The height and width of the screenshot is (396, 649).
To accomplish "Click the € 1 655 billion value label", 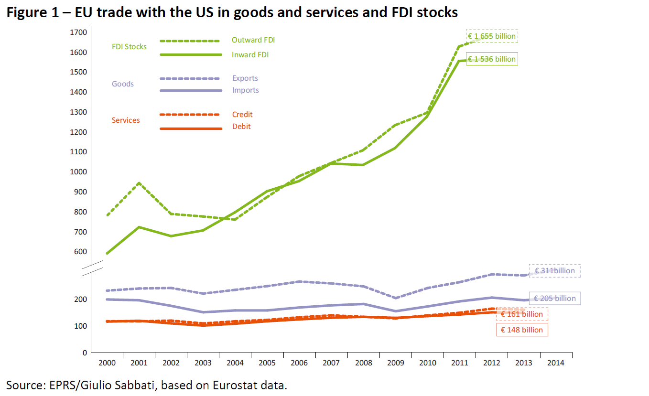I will pos(492,36).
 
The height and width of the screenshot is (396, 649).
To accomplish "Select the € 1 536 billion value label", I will pos(492,59).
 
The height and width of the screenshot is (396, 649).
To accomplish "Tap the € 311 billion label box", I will pos(555,271).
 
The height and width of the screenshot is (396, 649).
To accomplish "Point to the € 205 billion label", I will pos(555,299).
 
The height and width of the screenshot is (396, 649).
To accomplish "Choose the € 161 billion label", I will pos(522,314).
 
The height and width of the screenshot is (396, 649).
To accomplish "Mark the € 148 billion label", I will pos(522,330).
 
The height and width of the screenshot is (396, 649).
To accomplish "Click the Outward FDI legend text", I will pos(253,40).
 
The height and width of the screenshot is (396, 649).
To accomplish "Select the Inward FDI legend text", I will pos(250,55).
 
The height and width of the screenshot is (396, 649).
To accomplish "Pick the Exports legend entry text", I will pos(245,78).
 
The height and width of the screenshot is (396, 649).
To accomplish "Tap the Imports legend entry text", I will pos(246,90).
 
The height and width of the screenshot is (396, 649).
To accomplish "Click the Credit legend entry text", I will pos(242,115).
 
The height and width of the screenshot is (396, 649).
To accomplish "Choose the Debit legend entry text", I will pos(241,127).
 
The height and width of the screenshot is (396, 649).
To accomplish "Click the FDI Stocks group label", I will pos(129,47).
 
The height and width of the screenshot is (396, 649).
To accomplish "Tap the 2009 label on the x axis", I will pos(396,363).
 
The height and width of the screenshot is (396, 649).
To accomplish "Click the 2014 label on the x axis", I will pos(556,363).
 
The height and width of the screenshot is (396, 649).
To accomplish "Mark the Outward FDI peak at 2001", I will pos(139,183).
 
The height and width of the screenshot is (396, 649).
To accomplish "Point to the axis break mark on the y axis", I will pos(91,268).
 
